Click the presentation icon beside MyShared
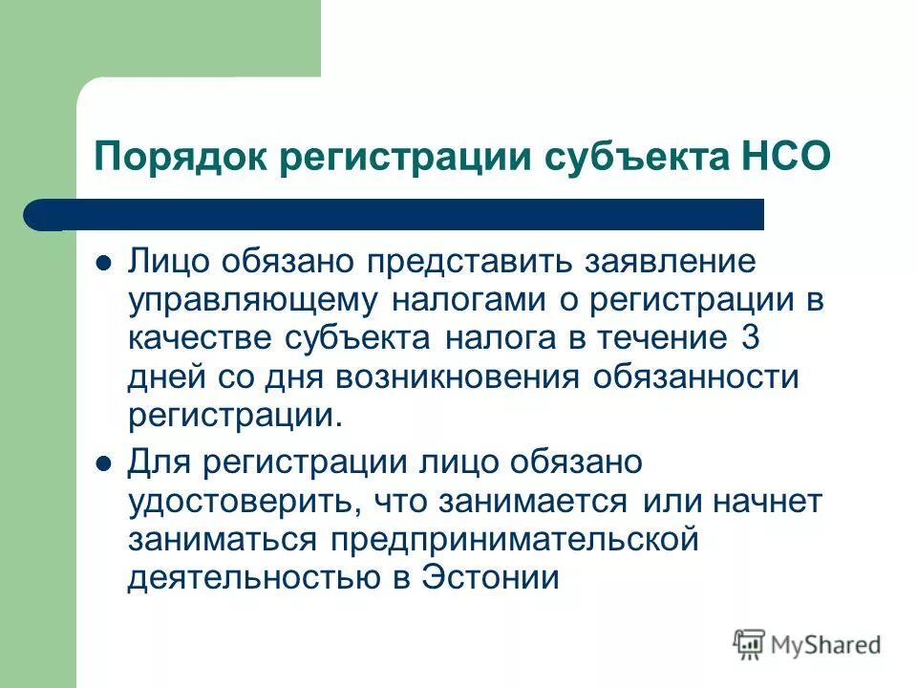click(750, 644)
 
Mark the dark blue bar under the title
click(401, 214)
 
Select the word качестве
click(200, 338)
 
